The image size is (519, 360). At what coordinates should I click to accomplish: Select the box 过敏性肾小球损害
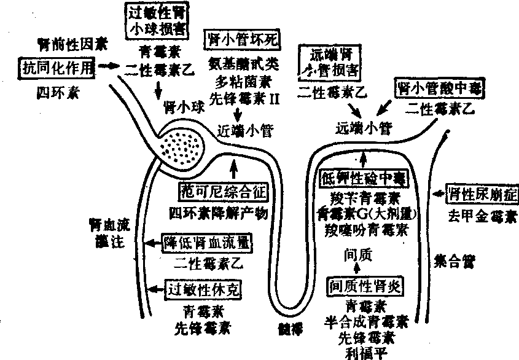click(x=157, y=20)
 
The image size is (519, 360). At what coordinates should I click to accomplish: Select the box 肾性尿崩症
click(x=482, y=195)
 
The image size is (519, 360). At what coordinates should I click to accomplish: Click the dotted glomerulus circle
click(x=184, y=147)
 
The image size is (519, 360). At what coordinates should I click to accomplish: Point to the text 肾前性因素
click(x=71, y=44)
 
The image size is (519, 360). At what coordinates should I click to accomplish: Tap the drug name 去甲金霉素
click(x=482, y=217)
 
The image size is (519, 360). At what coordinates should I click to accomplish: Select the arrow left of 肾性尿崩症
click(x=439, y=195)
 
